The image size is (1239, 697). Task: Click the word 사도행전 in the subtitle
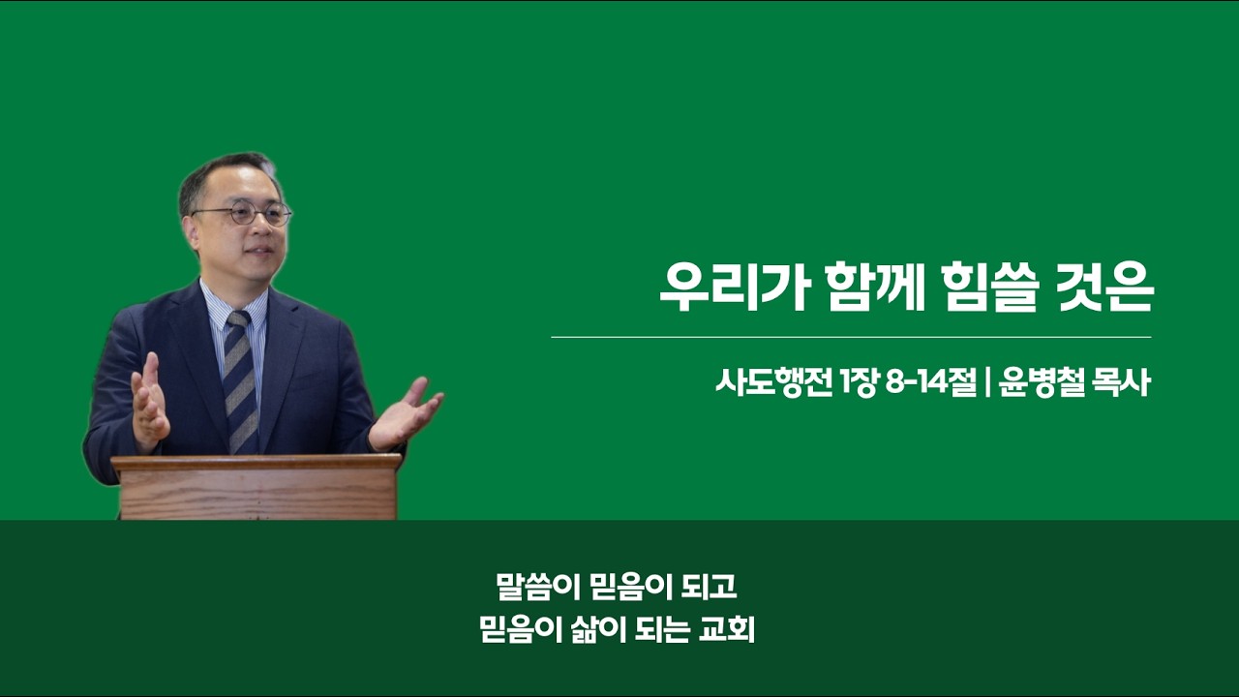click(x=773, y=382)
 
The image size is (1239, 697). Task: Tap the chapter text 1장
click(x=859, y=382)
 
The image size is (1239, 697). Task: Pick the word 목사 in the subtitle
click(x=1122, y=382)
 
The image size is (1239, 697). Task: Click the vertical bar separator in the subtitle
click(x=988, y=383)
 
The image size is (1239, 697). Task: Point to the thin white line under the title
click(x=851, y=337)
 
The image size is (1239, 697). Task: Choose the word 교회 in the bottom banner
click(x=727, y=630)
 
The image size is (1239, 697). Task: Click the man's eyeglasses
click(x=243, y=214)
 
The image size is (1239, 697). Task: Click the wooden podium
click(x=257, y=487)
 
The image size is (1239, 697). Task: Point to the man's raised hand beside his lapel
click(x=148, y=401)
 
